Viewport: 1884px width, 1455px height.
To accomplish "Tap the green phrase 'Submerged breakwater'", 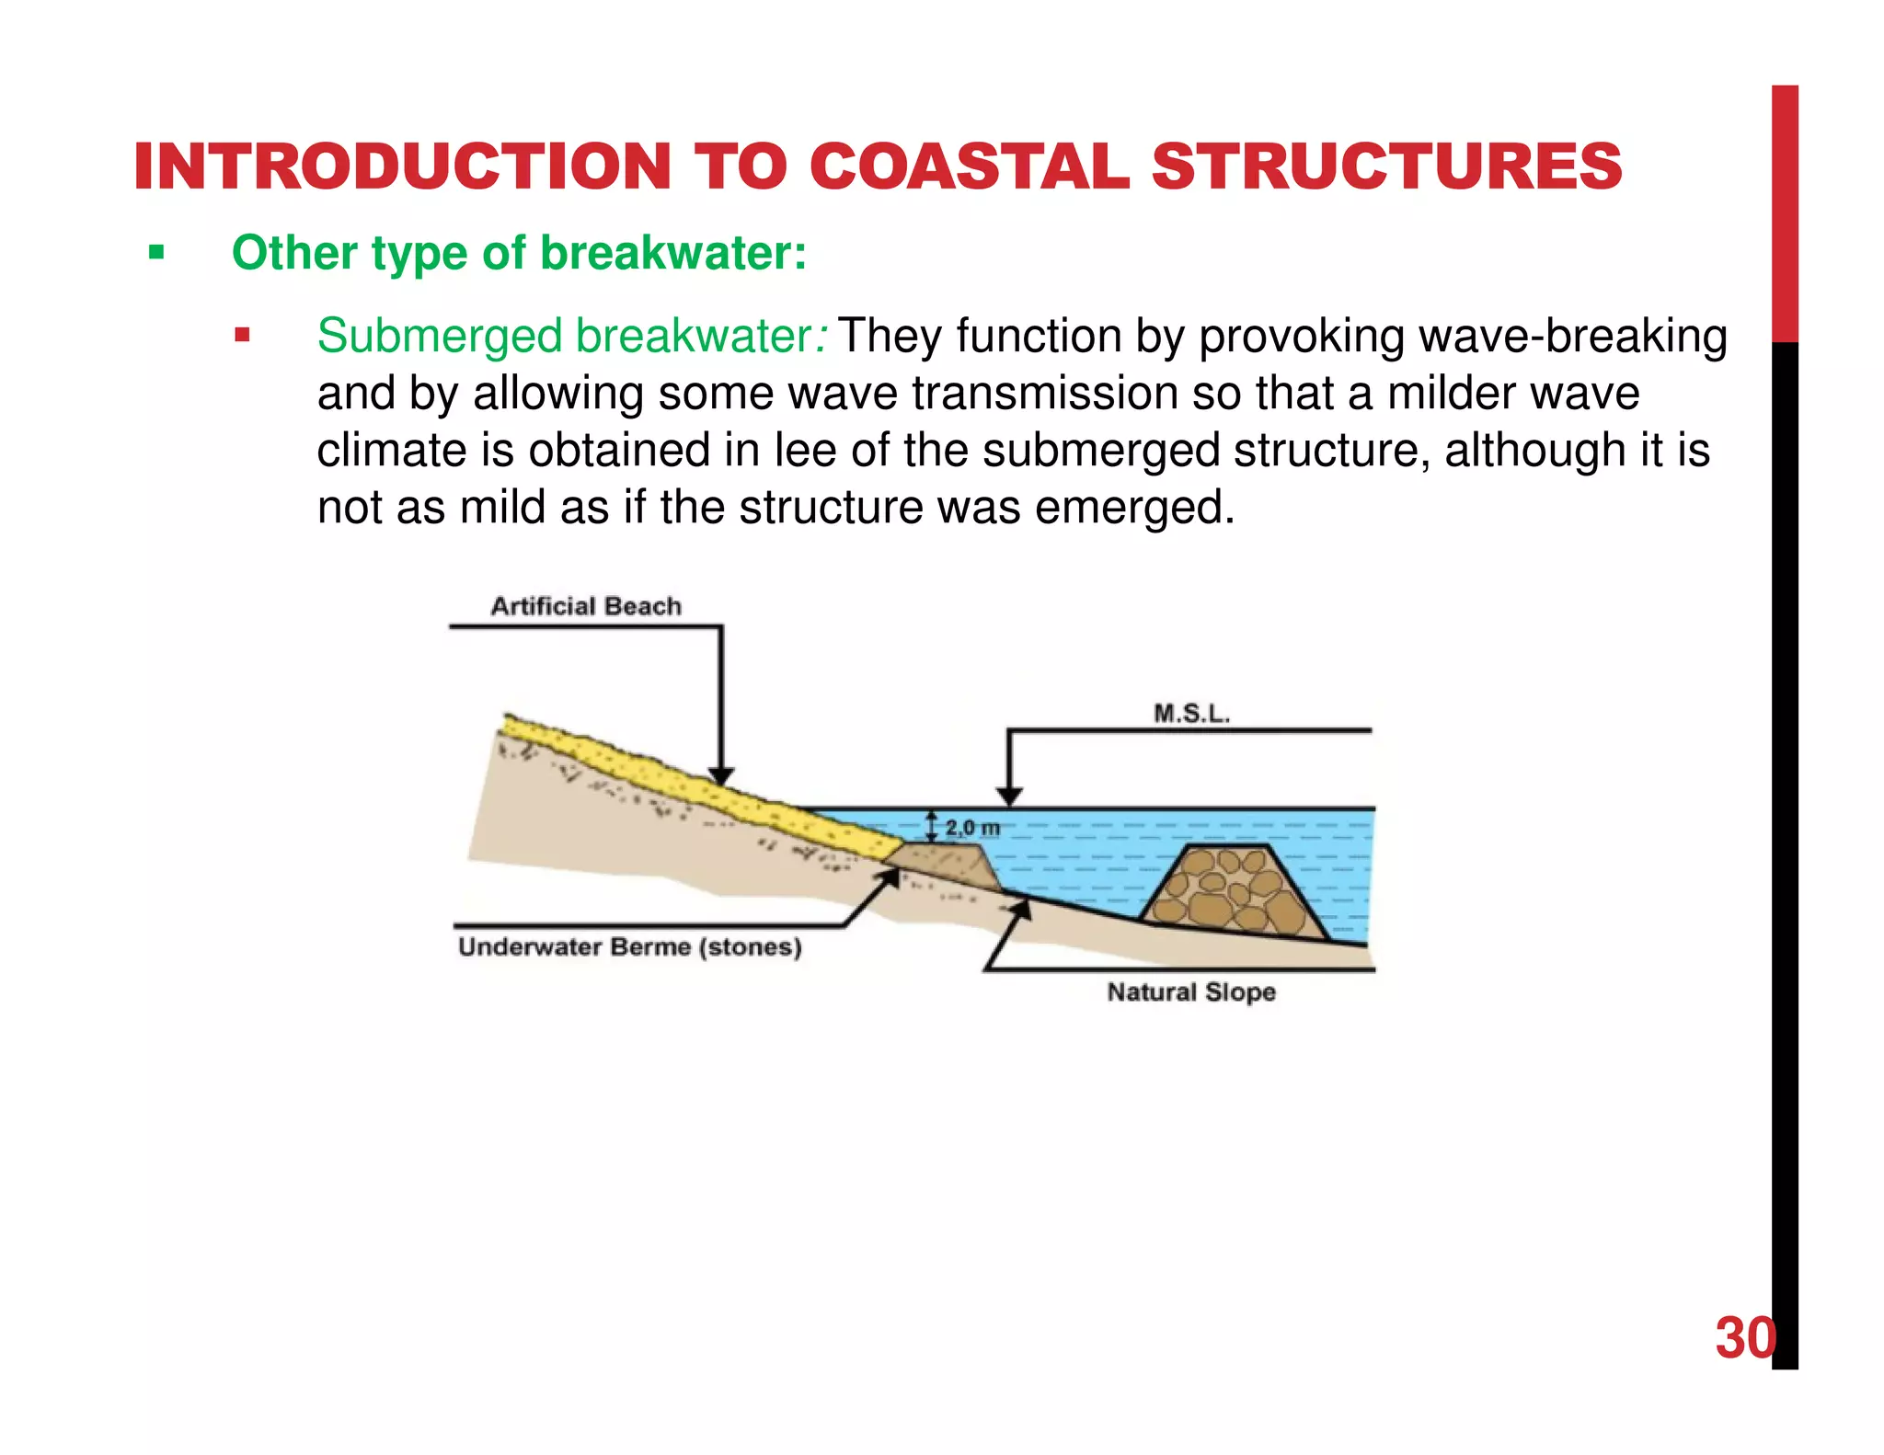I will (x=563, y=336).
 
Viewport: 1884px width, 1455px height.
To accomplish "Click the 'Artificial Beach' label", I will (x=586, y=606).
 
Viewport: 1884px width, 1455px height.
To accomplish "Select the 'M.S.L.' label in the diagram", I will (x=1191, y=714).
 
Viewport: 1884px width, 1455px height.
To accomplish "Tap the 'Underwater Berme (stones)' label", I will (x=629, y=947).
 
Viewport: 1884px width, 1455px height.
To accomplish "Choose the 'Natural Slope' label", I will (x=1191, y=992).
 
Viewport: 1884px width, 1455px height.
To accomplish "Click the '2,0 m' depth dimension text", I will (x=971, y=828).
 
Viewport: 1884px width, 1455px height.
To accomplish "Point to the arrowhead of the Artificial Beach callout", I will (x=721, y=776).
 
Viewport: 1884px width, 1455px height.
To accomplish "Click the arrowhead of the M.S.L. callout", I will (x=1010, y=796).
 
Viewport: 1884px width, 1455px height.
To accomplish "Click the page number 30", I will (x=1744, y=1338).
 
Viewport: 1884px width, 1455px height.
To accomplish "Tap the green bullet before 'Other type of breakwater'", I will (x=156, y=252).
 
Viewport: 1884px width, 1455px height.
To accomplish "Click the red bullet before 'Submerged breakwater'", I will (x=242, y=335).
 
